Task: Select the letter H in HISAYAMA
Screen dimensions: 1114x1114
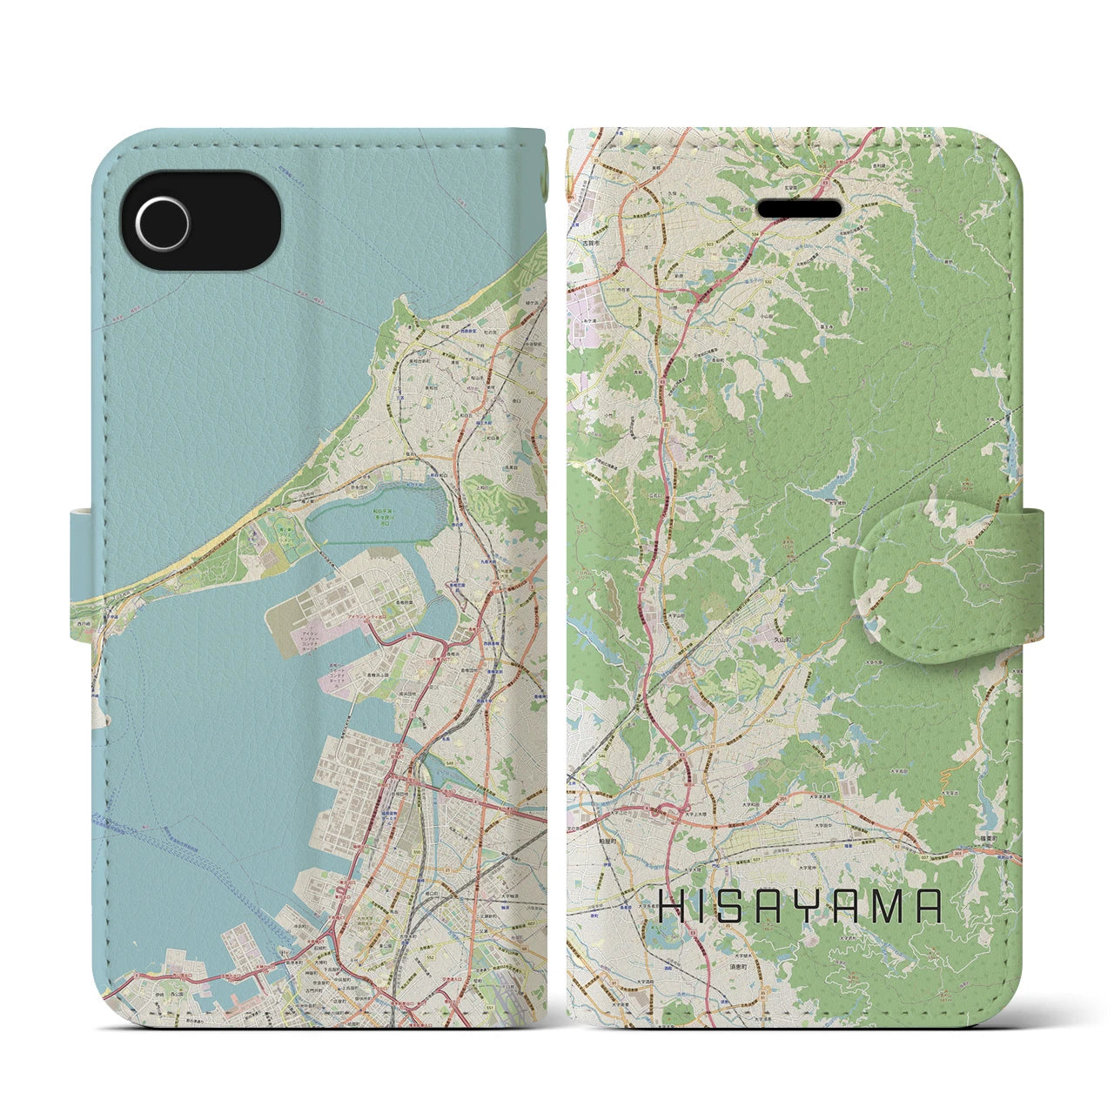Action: pos(671,907)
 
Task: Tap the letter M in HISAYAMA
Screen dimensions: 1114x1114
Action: pos(885,907)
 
